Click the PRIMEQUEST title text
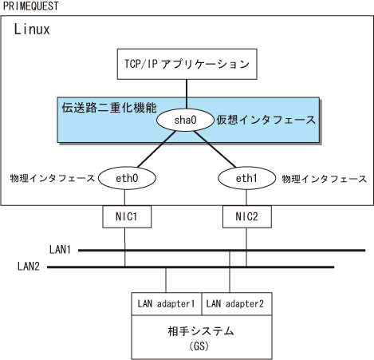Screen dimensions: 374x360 click(30, 6)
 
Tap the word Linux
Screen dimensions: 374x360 click(32, 29)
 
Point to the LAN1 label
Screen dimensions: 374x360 click(60, 250)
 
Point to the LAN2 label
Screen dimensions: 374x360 click(29, 266)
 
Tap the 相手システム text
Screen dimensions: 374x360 click(201, 331)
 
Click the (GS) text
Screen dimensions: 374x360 click(199, 346)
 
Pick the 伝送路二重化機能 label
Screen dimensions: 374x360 click(109, 108)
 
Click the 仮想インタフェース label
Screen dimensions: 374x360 click(266, 120)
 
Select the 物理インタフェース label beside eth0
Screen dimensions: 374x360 click(53, 178)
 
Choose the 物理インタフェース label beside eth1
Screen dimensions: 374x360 click(325, 179)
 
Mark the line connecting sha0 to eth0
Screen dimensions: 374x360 click(156, 149)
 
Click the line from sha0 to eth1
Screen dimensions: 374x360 click(215, 149)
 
